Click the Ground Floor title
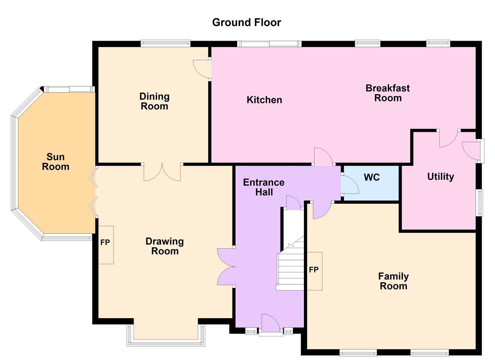246,23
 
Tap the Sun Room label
55,162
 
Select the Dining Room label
154,101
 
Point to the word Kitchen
264,100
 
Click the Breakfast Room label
388,93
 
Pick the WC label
372,177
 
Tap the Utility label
441,177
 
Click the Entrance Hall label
264,187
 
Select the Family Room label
393,281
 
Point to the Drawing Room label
165,246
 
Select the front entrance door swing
270,323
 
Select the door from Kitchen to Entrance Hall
324,156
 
